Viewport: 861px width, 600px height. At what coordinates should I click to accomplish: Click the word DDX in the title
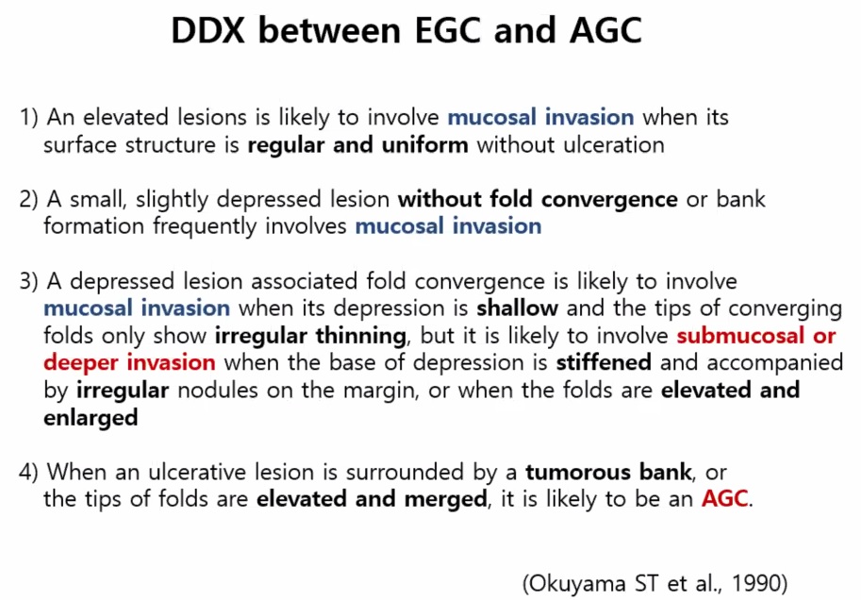[208, 30]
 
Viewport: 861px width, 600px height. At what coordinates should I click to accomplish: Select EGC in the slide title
[449, 30]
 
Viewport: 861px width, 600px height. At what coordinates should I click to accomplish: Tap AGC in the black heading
[606, 30]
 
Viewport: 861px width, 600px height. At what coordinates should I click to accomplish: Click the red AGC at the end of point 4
[725, 499]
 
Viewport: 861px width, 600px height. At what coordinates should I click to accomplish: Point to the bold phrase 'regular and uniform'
[358, 145]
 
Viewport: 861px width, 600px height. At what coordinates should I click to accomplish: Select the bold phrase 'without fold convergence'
[538, 199]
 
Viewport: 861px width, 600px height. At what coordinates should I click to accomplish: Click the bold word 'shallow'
[517, 308]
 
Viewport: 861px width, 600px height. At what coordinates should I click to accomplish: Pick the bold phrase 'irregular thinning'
[310, 336]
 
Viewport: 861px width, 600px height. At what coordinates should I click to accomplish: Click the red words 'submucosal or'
[756, 335]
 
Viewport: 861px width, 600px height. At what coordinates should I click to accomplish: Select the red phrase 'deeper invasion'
[129, 362]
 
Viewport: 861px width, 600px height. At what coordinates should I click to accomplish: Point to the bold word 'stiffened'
[604, 362]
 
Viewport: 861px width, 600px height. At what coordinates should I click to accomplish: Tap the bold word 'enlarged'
[91, 418]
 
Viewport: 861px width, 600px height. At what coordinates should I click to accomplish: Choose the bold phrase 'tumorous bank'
[609, 472]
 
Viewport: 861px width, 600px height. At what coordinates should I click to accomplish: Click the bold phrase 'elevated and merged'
[372, 499]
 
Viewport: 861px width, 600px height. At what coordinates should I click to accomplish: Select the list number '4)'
[28, 472]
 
